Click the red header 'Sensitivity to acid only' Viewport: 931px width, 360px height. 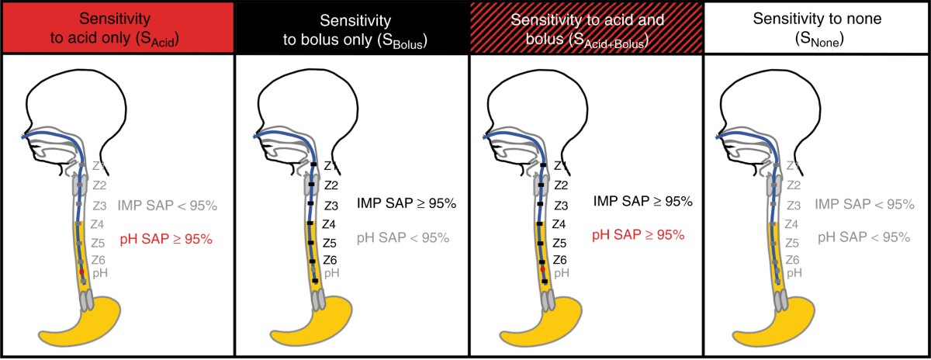(116, 26)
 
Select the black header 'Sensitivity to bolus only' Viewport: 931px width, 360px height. (351, 26)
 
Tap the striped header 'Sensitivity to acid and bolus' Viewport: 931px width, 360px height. (585, 26)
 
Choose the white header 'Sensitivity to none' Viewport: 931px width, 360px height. (816, 26)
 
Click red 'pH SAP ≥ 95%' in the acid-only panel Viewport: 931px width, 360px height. (166, 240)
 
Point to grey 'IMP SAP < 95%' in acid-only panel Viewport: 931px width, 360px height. (168, 206)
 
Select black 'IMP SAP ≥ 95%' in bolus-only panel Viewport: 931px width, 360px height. (407, 204)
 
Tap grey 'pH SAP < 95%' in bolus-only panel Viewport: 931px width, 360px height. (403, 237)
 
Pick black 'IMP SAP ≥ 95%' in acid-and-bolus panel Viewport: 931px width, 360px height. (642, 202)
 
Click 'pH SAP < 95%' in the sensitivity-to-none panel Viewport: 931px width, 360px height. (864, 237)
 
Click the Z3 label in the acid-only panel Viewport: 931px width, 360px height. (99, 206)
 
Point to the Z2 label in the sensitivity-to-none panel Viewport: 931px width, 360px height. (794, 185)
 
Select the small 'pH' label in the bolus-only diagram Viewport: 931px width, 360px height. (331, 273)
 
